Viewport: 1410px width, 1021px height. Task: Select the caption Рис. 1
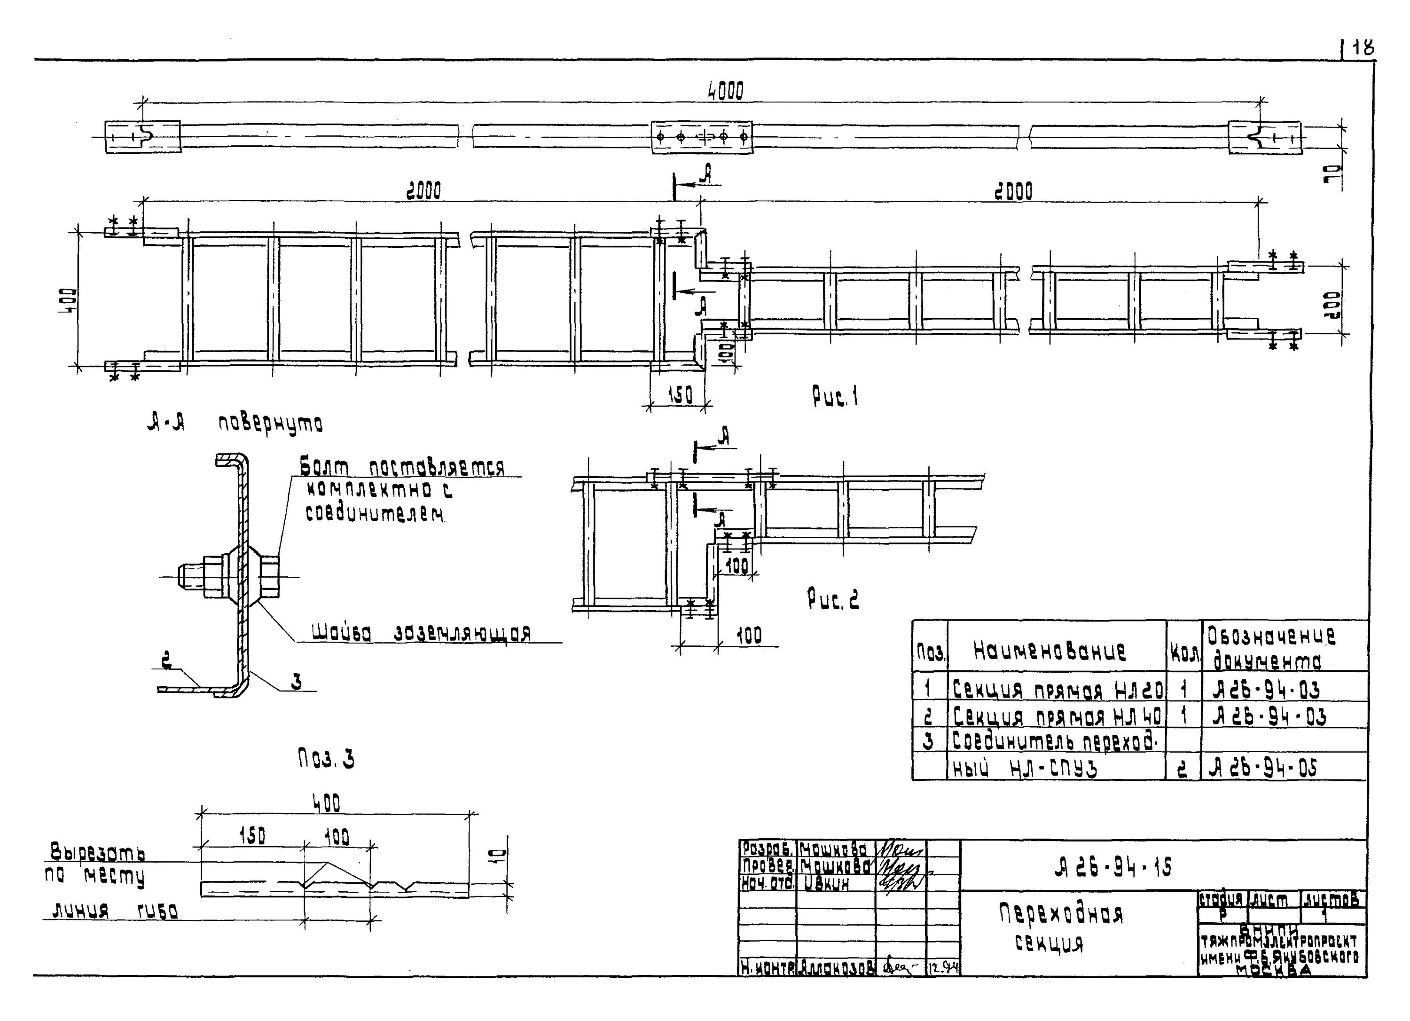[835, 396]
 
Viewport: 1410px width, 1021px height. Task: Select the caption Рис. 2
[832, 599]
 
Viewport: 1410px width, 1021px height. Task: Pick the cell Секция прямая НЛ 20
[1057, 690]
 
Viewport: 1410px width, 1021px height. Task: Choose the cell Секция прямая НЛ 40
[1057, 717]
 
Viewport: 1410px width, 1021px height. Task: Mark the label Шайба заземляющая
[421, 633]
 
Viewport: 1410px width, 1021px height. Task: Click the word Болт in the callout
[324, 466]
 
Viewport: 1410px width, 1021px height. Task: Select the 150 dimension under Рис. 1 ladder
[680, 395]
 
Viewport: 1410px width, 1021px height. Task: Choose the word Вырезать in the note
[98, 851]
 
